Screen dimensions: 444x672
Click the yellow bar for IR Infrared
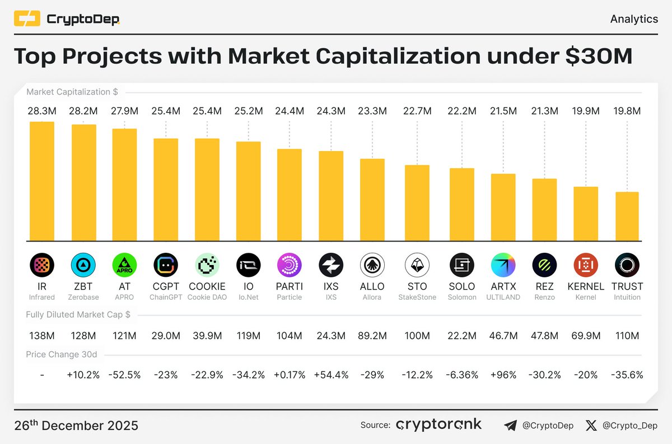(x=42, y=181)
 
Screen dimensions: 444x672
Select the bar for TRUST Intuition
(x=627, y=216)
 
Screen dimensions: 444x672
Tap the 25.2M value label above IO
(x=248, y=111)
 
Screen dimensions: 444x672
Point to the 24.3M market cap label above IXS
(x=331, y=111)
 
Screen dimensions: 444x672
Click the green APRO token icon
(x=124, y=265)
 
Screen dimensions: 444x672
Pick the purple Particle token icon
(x=290, y=265)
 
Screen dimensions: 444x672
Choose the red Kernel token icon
(x=586, y=265)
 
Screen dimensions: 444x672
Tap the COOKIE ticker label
(x=207, y=286)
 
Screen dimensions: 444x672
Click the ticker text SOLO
(x=462, y=286)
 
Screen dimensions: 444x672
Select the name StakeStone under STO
(x=417, y=297)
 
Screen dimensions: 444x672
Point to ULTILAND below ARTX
(x=503, y=297)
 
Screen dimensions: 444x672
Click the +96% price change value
(x=503, y=375)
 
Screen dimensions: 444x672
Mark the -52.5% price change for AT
(x=124, y=375)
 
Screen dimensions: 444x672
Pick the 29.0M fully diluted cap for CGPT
(x=166, y=336)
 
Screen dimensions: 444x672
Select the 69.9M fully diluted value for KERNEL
(x=586, y=336)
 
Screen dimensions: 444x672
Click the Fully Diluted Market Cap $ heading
(x=78, y=315)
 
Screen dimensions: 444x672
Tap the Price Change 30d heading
(x=61, y=355)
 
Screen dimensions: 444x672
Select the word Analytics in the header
(x=633, y=19)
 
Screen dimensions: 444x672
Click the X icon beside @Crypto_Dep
(x=591, y=426)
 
